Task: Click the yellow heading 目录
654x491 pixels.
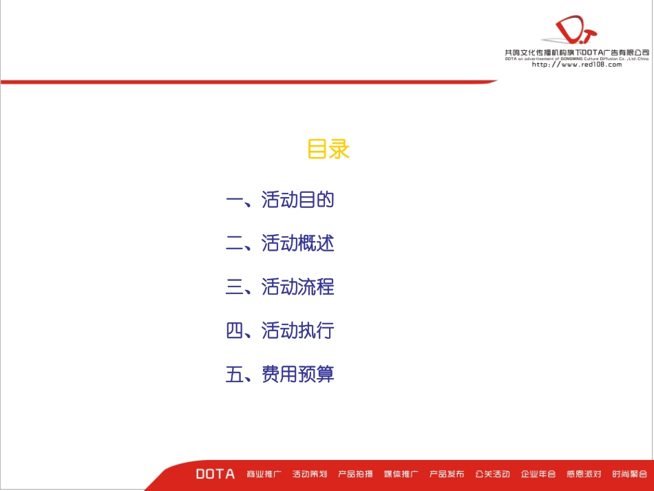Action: pyautogui.click(x=328, y=149)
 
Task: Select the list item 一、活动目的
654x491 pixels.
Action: pyautogui.click(x=280, y=200)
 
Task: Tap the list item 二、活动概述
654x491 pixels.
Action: pyautogui.click(x=280, y=244)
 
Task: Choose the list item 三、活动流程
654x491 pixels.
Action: pyautogui.click(x=280, y=287)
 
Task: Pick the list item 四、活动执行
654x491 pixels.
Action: pyautogui.click(x=280, y=331)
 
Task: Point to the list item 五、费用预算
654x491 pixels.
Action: pyautogui.click(x=280, y=375)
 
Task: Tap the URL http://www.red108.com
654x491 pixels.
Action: pyautogui.click(x=577, y=65)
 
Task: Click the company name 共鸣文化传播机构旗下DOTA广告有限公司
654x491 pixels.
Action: pyautogui.click(x=577, y=52)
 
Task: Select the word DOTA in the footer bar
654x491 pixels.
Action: pyautogui.click(x=215, y=474)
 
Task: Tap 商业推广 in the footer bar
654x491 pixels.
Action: pyautogui.click(x=264, y=474)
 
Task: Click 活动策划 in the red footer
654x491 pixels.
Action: pyautogui.click(x=310, y=474)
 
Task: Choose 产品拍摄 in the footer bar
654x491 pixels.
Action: pyautogui.click(x=355, y=474)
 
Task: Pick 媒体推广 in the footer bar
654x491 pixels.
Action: pyautogui.click(x=401, y=474)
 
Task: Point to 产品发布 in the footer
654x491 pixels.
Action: pyautogui.click(x=447, y=474)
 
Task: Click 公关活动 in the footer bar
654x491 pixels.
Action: pyautogui.click(x=492, y=474)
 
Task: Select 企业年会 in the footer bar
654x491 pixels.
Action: pyautogui.click(x=538, y=474)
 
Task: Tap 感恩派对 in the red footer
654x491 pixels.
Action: pyautogui.click(x=584, y=474)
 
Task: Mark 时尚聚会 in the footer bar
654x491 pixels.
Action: pyautogui.click(x=629, y=474)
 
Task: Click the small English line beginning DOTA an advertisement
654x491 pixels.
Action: pyautogui.click(x=577, y=59)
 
